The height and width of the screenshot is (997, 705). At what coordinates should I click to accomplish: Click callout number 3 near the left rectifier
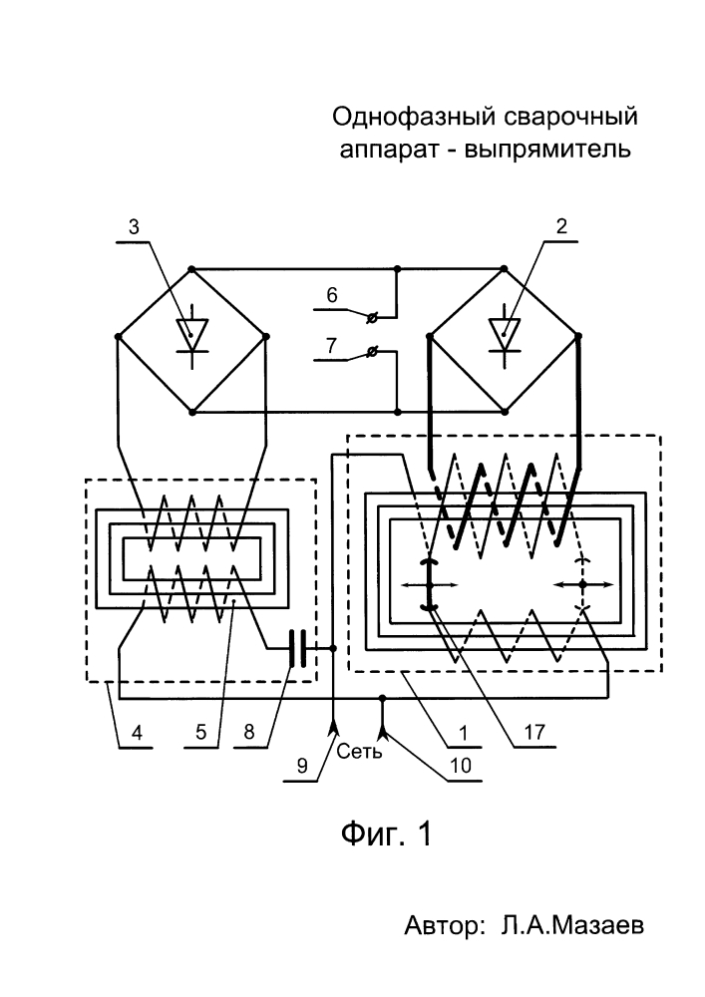coord(134,226)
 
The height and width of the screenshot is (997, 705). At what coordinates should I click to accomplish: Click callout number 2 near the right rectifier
coord(561,226)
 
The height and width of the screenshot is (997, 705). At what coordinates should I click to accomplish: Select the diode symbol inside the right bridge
coord(505,337)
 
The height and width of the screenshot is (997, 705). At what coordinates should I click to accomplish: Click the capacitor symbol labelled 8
coord(296,648)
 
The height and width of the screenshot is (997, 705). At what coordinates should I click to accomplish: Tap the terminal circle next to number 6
coord(372,317)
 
